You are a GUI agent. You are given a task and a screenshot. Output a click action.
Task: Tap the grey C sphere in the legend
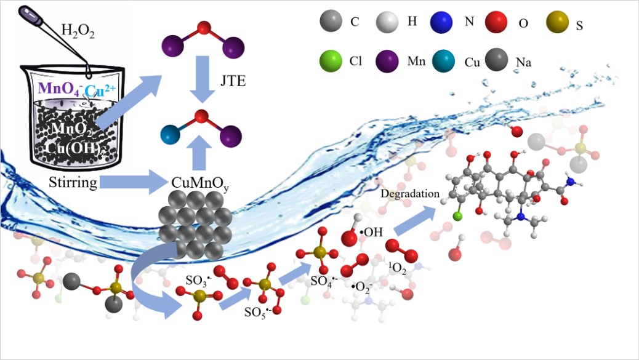coord(331,23)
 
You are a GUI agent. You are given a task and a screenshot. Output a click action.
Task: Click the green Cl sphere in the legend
coord(331,61)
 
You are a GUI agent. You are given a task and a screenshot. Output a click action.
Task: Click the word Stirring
coord(71,182)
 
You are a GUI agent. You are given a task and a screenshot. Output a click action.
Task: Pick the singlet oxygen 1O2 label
coord(398,268)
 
